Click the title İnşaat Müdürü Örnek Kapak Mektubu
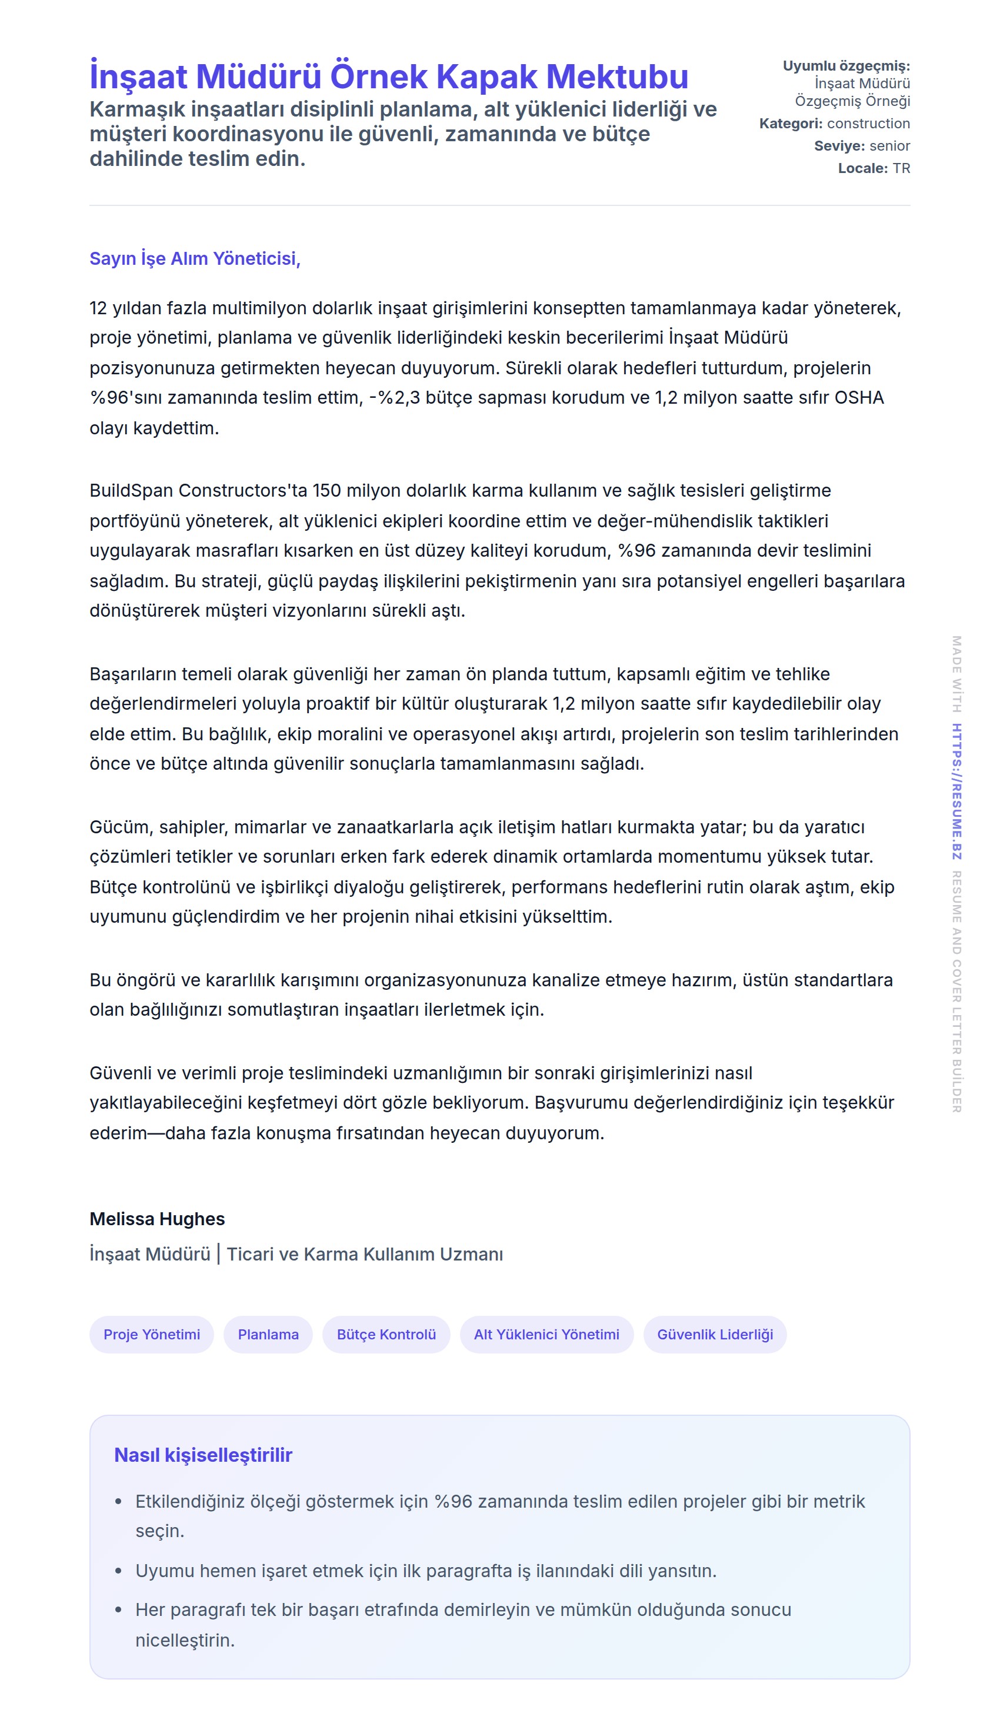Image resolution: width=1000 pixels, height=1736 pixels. pyautogui.click(x=389, y=77)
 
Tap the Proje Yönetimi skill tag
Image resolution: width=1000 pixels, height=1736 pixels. pyautogui.click(x=152, y=1334)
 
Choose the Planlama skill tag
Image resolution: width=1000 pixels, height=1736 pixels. pyautogui.click(x=268, y=1334)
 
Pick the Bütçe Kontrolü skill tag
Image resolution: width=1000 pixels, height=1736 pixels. pyautogui.click(x=386, y=1334)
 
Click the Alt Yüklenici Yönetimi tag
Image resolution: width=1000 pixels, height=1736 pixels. pyautogui.click(x=546, y=1334)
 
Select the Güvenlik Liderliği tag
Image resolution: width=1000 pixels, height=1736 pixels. pyautogui.click(x=714, y=1334)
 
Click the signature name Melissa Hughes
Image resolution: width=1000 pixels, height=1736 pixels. pyautogui.click(x=157, y=1219)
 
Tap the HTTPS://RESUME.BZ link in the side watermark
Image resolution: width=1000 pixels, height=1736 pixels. pyautogui.click(x=956, y=791)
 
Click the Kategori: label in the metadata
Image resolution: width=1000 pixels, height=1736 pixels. pyautogui.click(x=791, y=124)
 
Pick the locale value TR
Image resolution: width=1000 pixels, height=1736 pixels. pyautogui.click(x=901, y=168)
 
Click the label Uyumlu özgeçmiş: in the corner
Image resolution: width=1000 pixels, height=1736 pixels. pyautogui.click(x=846, y=66)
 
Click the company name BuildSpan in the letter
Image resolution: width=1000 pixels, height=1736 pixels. pyautogui.click(x=131, y=491)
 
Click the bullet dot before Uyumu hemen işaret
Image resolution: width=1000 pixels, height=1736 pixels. pyautogui.click(x=118, y=1571)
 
